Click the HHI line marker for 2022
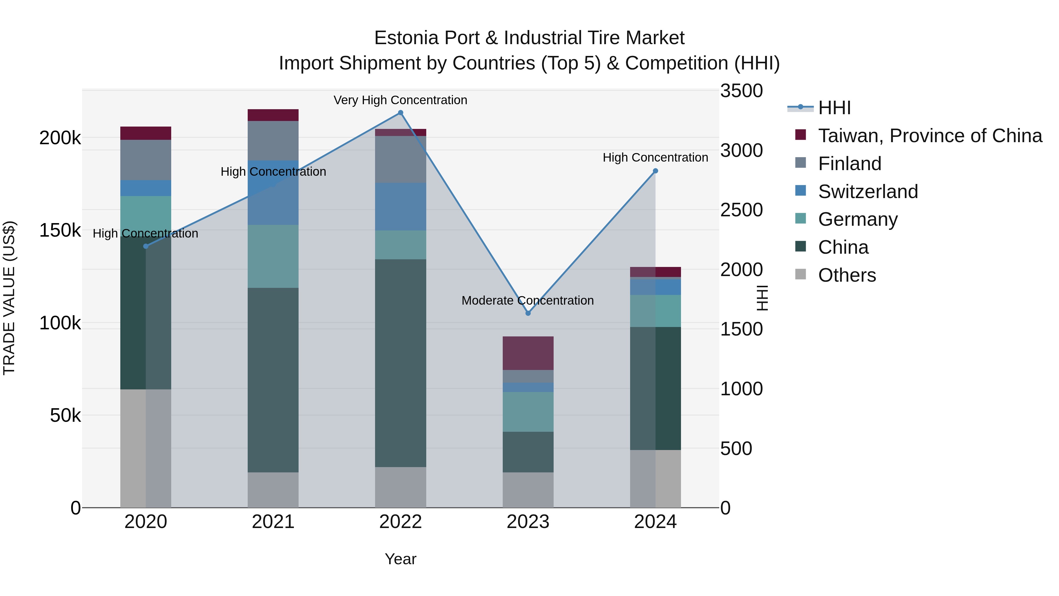(400, 113)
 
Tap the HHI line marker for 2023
(528, 313)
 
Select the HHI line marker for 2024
(655, 171)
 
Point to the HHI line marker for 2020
(146, 246)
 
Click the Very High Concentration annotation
(400, 100)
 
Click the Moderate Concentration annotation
(527, 301)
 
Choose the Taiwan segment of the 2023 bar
(528, 353)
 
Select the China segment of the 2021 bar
(273, 380)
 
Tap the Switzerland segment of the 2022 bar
(400, 207)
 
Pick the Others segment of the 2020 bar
(146, 448)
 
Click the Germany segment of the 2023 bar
(528, 412)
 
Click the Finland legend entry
(849, 164)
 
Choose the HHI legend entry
(834, 108)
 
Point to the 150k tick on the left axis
(60, 231)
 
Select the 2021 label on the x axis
(273, 522)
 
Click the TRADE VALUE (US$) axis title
(9, 298)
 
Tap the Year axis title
(400, 559)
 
